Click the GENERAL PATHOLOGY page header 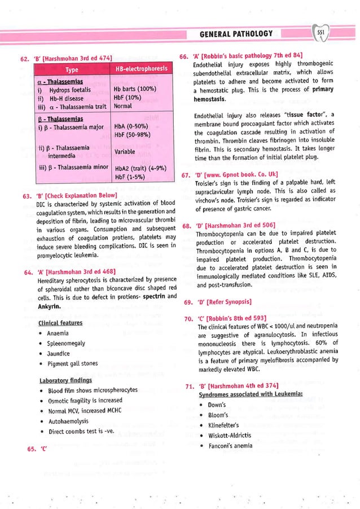(x=236, y=34)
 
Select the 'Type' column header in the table (x=72, y=70)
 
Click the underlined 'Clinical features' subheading (x=60, y=323)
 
